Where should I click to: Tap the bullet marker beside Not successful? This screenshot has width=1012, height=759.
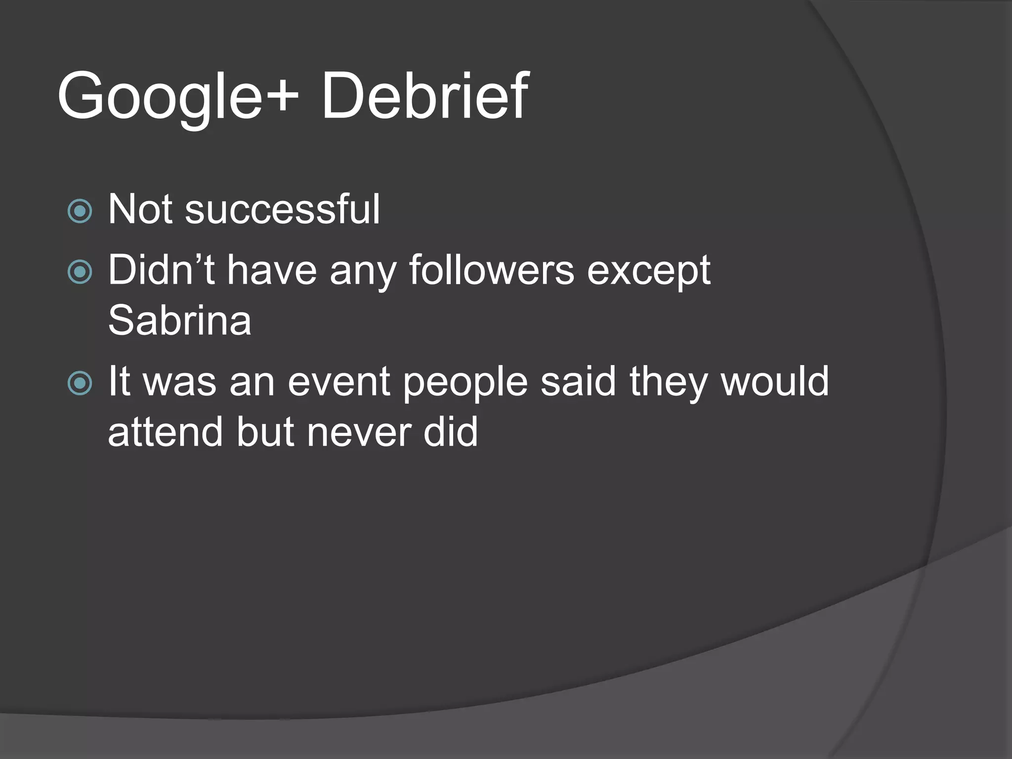pyautogui.click(x=80, y=211)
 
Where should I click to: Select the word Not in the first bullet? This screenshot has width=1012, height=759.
pyautogui.click(x=139, y=210)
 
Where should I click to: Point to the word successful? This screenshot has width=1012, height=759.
pyautogui.click(x=282, y=210)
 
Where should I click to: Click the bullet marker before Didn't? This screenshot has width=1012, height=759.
pyautogui.click(x=80, y=272)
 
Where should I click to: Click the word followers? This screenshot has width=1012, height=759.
pyautogui.click(x=492, y=270)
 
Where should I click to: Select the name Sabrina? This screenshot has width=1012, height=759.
pyautogui.click(x=179, y=321)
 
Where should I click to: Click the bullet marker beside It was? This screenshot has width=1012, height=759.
pyautogui.click(x=80, y=383)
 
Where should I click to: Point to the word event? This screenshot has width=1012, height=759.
pyautogui.click(x=339, y=382)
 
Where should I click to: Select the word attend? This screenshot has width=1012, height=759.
pyautogui.click(x=165, y=432)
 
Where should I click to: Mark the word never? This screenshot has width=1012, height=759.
pyautogui.click(x=358, y=433)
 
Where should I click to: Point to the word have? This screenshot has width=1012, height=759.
pyautogui.click(x=272, y=270)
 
